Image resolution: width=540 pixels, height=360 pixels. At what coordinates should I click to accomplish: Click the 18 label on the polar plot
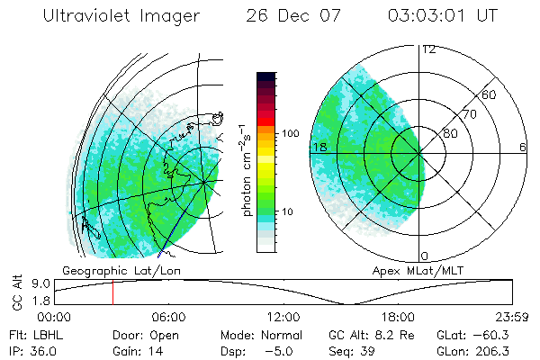click(x=318, y=148)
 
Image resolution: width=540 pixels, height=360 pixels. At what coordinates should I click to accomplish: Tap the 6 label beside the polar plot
click(x=523, y=148)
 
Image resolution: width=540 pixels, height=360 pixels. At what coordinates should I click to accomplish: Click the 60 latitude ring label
click(x=490, y=94)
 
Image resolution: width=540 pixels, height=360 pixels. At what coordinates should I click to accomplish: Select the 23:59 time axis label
click(x=513, y=317)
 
